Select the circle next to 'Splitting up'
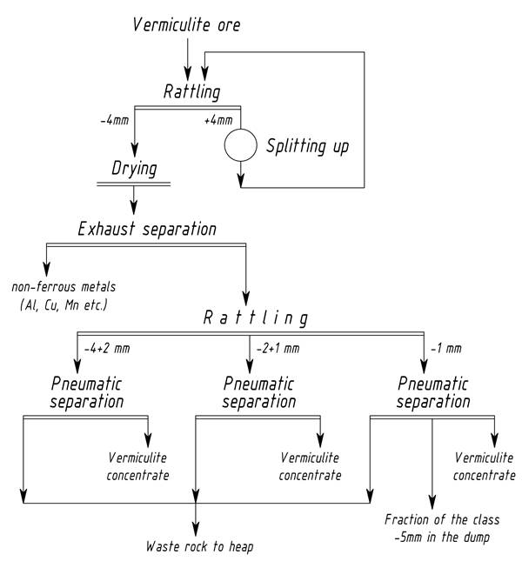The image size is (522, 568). tap(240, 145)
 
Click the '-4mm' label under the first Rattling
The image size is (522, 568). tap(113, 120)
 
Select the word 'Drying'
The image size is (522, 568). tap(134, 168)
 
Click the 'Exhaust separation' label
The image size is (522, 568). tap(146, 230)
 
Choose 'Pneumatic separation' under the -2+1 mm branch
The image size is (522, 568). tap(260, 392)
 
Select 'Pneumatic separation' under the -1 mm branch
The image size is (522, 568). tap(433, 392)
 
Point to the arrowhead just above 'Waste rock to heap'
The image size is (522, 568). tap(197, 528)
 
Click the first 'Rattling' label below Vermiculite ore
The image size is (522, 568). tap(192, 91)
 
